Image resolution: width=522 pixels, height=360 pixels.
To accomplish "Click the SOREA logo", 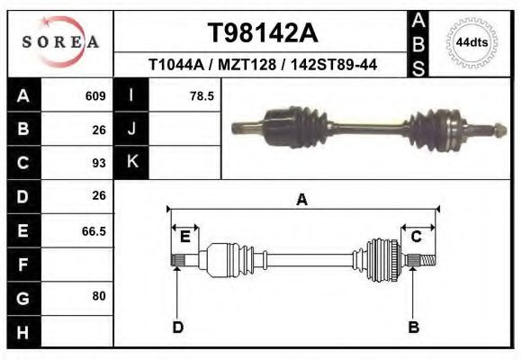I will (59, 42).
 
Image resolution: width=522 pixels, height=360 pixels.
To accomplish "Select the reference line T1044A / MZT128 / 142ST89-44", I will (262, 65).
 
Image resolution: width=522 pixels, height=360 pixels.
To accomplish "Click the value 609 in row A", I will (95, 95).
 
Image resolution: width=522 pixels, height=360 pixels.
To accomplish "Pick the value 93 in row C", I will (99, 163).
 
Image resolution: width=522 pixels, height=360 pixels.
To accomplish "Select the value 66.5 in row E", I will (94, 231).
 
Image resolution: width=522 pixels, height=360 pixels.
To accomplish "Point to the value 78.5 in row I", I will (202, 95).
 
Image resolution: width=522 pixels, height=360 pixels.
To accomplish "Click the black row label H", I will (22, 332).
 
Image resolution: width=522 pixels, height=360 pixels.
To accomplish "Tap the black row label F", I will (22, 265).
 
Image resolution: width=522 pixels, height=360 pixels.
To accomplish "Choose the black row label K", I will (131, 163).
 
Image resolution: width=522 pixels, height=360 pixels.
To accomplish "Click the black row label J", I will (131, 129).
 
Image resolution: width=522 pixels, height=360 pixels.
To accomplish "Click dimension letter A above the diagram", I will (301, 200).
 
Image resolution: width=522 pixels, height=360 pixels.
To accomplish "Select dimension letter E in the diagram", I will (184, 237).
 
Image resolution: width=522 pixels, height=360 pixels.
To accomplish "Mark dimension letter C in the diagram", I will (417, 237).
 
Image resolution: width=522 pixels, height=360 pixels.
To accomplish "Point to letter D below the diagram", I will (178, 327).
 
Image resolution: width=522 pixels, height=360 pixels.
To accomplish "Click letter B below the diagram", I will (414, 327).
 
